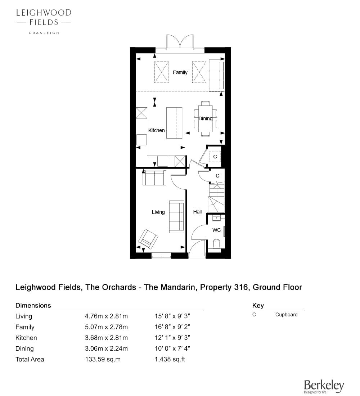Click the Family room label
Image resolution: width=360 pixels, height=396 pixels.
[x=180, y=72]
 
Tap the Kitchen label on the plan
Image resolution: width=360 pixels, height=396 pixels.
[x=156, y=130]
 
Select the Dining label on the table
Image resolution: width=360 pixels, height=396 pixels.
[x=206, y=118]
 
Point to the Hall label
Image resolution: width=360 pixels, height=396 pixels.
[x=197, y=212]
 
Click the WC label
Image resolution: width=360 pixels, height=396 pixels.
[x=216, y=230]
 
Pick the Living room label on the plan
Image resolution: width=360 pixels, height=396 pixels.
[x=158, y=212]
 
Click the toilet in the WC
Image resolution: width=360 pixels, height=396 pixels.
[x=216, y=243]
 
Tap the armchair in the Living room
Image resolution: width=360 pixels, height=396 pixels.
[x=148, y=239]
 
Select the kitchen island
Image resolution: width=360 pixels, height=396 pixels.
[x=174, y=123]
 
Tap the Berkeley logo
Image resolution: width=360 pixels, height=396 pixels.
[x=324, y=387]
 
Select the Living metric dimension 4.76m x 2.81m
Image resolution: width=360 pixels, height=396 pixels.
[x=106, y=316]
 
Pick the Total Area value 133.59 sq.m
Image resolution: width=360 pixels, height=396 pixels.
[x=103, y=359]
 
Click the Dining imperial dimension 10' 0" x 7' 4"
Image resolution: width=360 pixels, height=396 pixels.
[x=172, y=348]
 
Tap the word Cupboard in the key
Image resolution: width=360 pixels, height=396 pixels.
[x=286, y=315]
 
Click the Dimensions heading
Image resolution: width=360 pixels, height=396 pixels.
[x=33, y=306]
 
